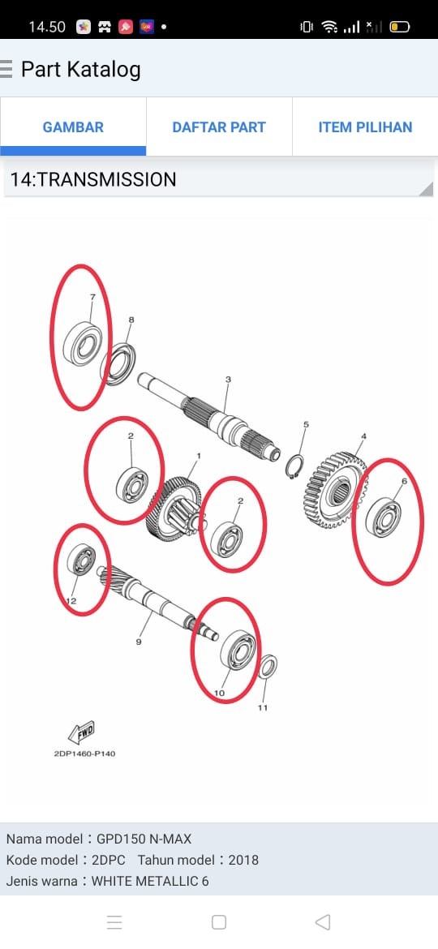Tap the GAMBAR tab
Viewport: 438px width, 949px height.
(x=73, y=127)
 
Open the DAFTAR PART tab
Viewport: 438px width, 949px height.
(x=219, y=127)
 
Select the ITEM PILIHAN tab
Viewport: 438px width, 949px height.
(x=365, y=127)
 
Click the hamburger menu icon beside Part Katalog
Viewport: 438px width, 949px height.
(x=6, y=70)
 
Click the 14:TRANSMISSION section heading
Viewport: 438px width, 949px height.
(x=93, y=180)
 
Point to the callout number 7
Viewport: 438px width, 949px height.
(x=92, y=297)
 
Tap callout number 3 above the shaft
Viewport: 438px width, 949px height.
(x=228, y=380)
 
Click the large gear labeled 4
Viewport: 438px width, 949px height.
(x=333, y=490)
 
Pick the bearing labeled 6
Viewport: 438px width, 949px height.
(x=384, y=517)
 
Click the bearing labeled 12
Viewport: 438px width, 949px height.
(x=82, y=560)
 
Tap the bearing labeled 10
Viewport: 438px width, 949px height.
(x=238, y=651)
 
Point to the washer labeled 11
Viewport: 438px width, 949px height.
(x=268, y=668)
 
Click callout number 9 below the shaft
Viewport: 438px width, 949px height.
(x=139, y=642)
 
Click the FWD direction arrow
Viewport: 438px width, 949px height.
(x=82, y=732)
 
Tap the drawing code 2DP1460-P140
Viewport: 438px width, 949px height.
(x=84, y=754)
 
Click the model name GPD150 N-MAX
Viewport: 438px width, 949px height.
(x=144, y=839)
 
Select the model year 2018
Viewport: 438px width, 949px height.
(x=243, y=860)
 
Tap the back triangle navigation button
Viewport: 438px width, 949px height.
(x=323, y=921)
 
